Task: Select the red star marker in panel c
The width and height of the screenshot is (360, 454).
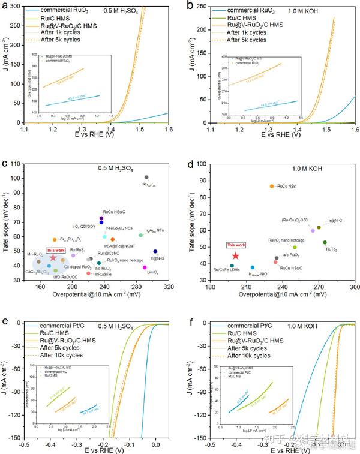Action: [x=53, y=257]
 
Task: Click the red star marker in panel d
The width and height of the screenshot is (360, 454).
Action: [x=235, y=256]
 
